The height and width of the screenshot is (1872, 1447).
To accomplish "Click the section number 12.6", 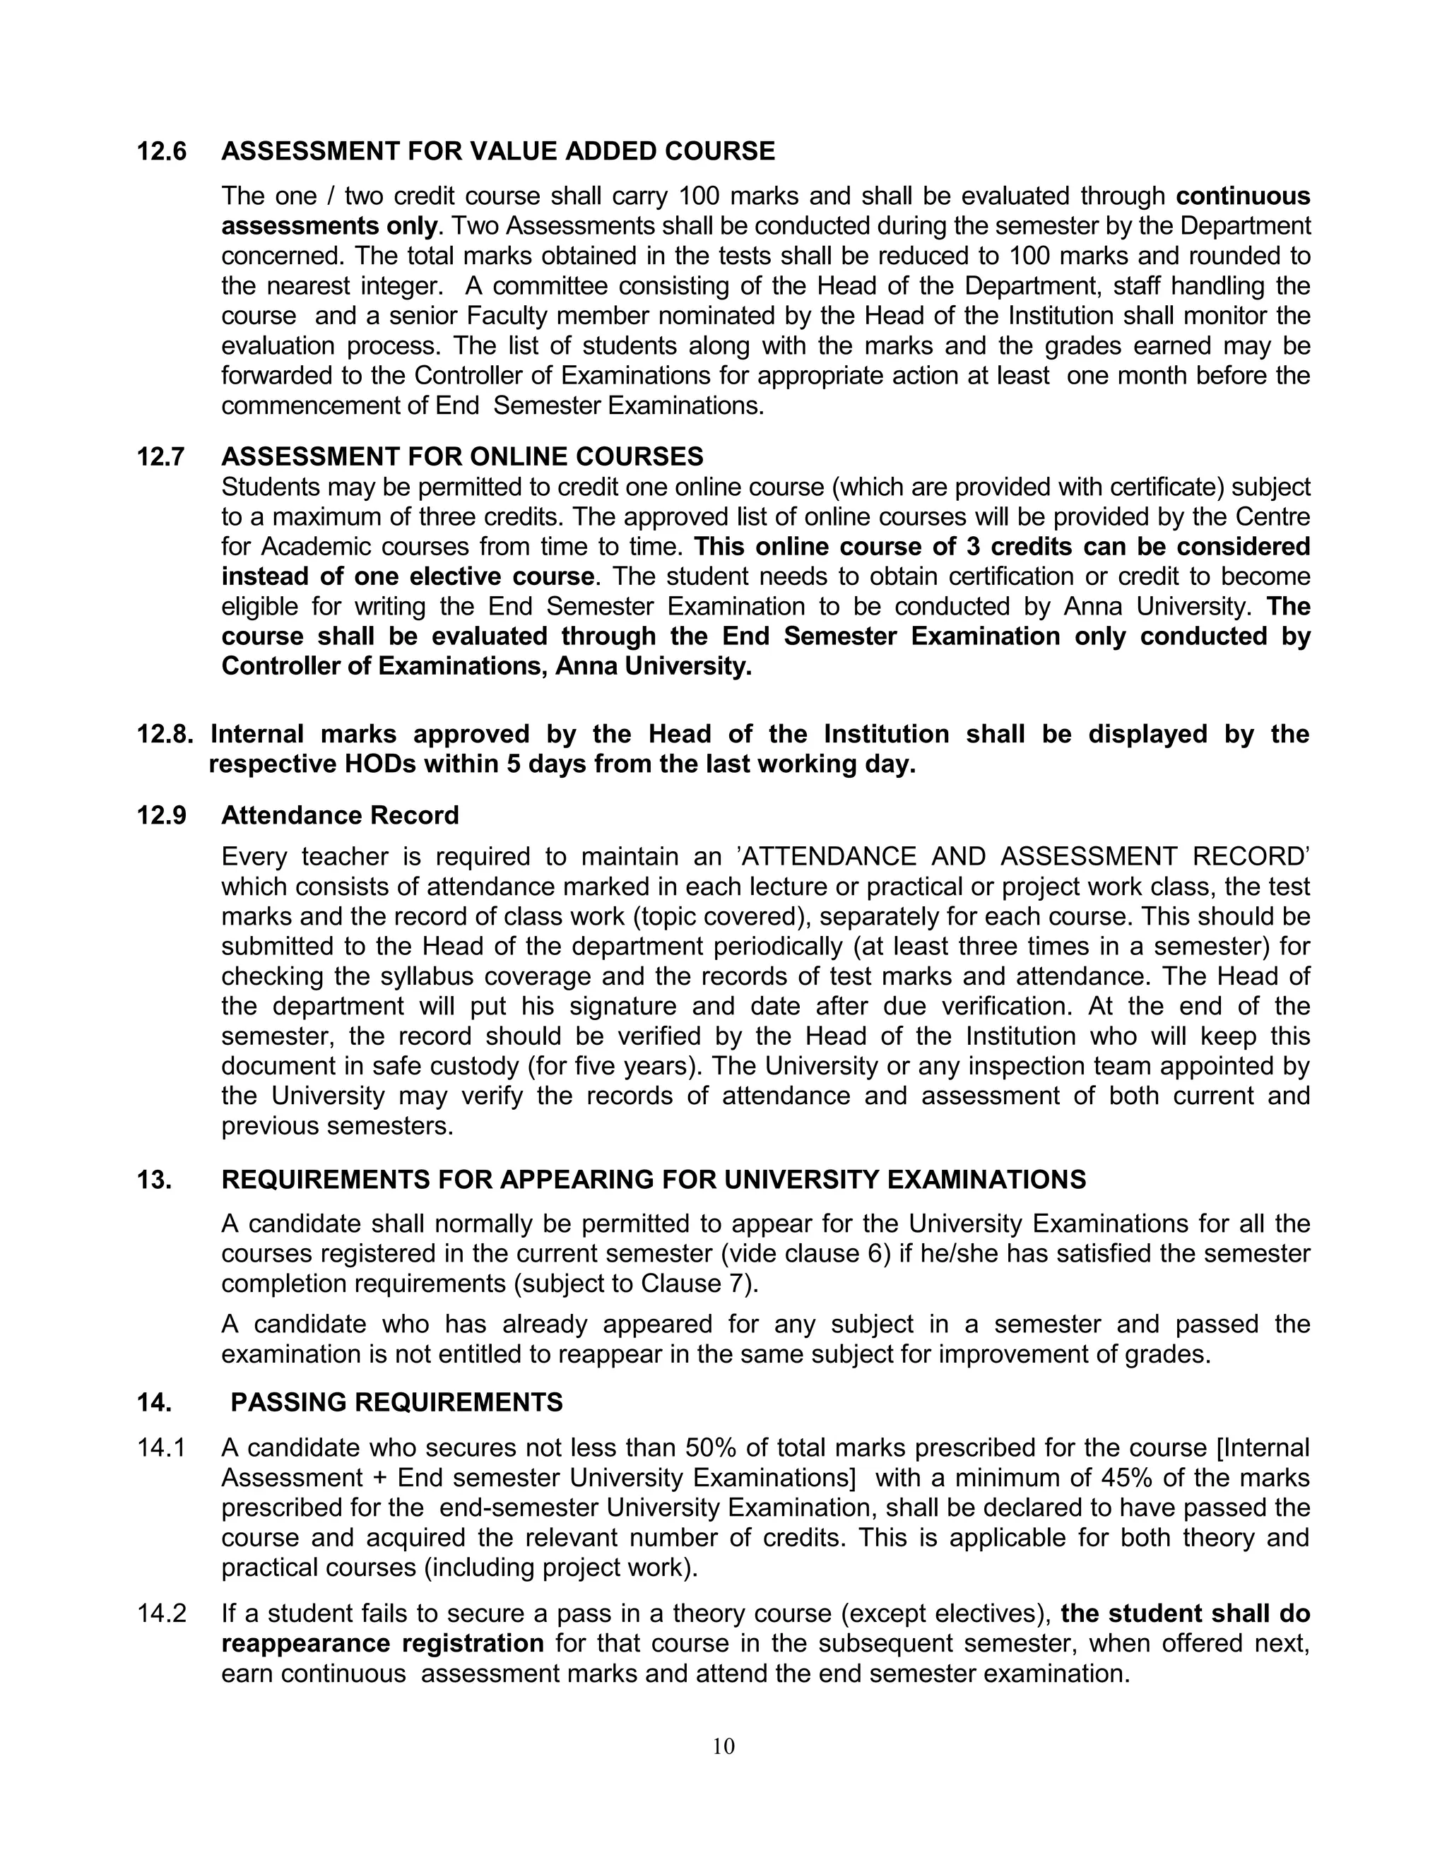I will pyautogui.click(x=161, y=152).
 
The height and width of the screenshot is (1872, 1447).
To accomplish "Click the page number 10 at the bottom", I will pyautogui.click(x=723, y=1746).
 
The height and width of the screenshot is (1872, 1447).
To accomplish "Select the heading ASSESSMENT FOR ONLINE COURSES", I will pyautogui.click(x=462, y=456).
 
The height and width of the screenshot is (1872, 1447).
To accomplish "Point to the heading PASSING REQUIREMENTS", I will pyautogui.click(x=397, y=1402).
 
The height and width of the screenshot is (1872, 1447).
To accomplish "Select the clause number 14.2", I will pyautogui.click(x=161, y=1613).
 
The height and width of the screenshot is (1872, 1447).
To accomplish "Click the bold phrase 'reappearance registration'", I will pyautogui.click(x=382, y=1643).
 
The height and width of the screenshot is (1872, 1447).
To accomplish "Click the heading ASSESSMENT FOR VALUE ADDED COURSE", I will pyautogui.click(x=498, y=152).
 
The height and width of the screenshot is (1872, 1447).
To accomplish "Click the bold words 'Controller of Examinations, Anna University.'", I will pyautogui.click(x=486, y=666).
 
